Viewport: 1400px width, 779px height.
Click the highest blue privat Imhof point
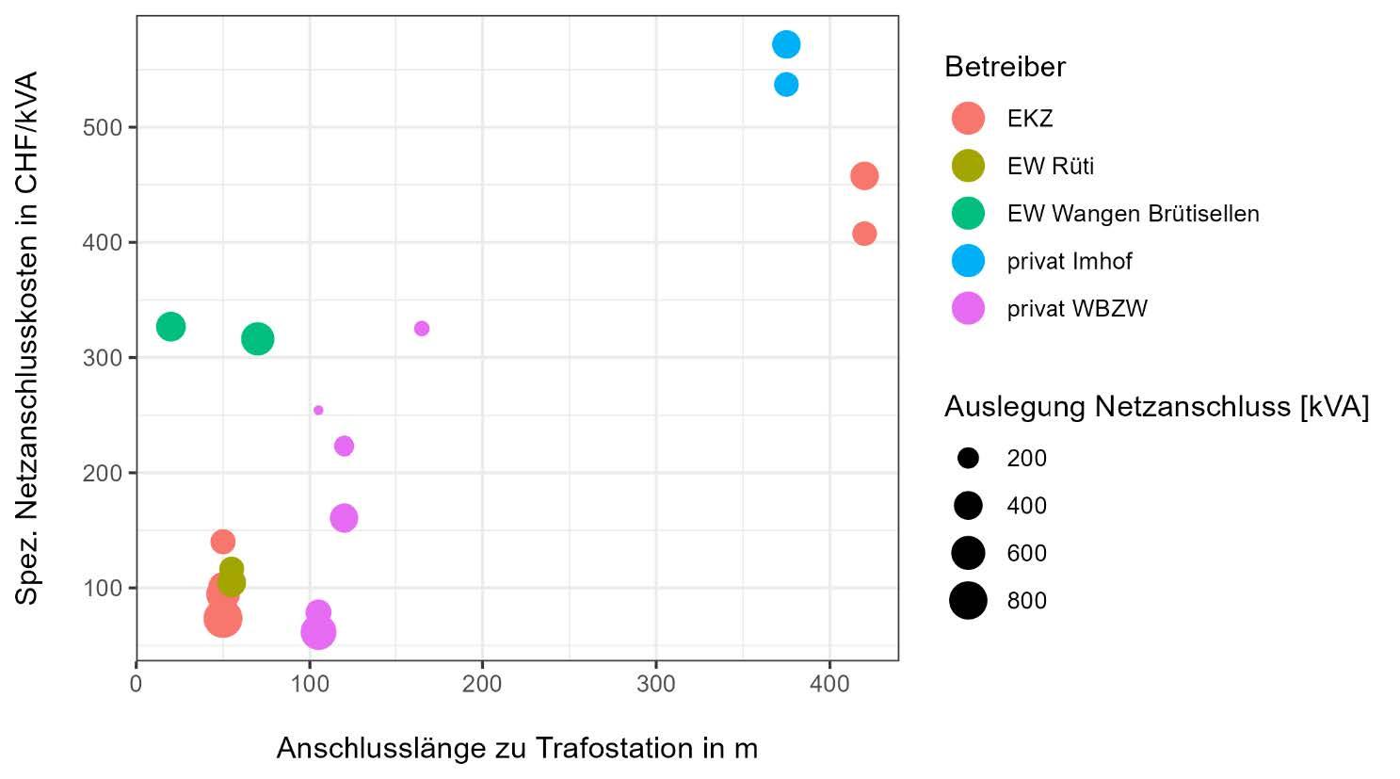coord(786,44)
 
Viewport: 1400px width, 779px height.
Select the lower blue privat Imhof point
coord(786,85)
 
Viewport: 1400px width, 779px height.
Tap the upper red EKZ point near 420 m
coord(864,176)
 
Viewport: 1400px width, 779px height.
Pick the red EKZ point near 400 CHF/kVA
coord(864,234)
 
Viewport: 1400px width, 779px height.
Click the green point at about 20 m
coord(170,327)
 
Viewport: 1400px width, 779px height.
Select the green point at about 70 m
coord(257,339)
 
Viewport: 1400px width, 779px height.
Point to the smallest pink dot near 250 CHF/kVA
coord(318,410)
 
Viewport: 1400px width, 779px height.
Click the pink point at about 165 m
coord(422,329)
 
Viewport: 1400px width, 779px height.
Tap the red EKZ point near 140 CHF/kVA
coord(222,542)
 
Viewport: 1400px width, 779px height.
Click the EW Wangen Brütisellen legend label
coord(1133,214)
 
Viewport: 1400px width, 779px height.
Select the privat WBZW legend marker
coord(968,308)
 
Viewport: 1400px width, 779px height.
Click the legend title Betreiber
coord(1005,67)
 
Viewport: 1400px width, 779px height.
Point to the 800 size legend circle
coord(968,600)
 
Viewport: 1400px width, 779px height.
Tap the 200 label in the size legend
coord(1026,459)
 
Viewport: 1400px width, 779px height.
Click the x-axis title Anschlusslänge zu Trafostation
coord(517,748)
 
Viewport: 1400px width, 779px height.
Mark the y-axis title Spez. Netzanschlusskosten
coord(26,337)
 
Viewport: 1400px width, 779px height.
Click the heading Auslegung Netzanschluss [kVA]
coord(1156,407)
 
